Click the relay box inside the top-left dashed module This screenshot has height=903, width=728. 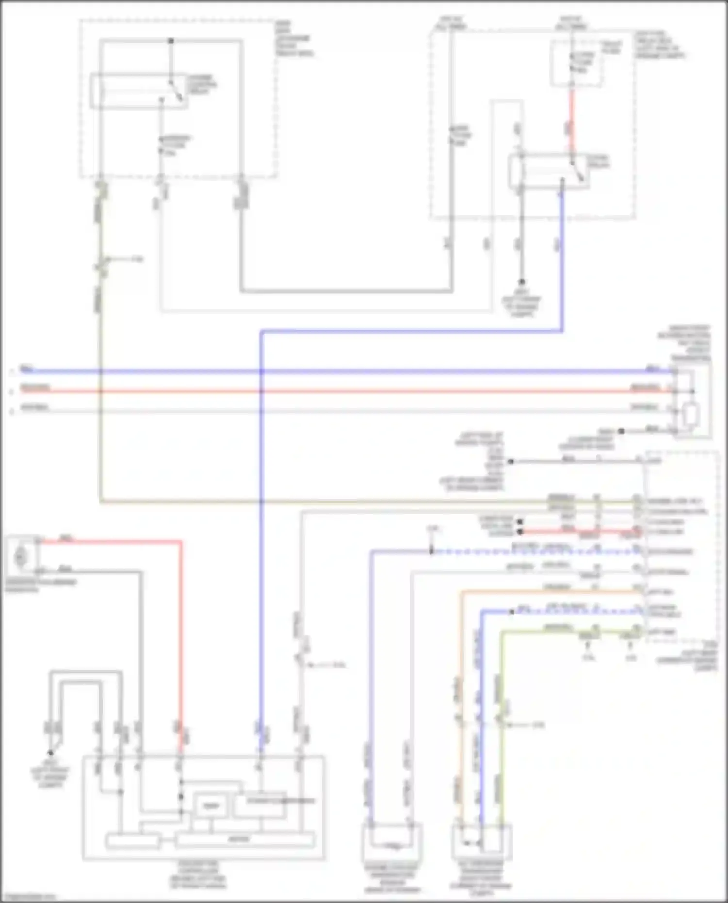click(x=138, y=91)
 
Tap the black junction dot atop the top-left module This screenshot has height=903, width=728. click(x=171, y=41)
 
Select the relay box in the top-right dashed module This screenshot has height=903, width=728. click(x=548, y=171)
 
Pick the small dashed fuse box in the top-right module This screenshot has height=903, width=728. click(x=576, y=63)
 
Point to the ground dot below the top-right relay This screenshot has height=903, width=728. click(x=522, y=282)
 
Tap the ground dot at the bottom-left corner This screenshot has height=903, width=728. click(x=50, y=753)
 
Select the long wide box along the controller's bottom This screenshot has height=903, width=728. click(x=245, y=839)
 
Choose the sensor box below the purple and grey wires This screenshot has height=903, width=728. click(x=392, y=843)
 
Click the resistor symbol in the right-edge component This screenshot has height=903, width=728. click(x=690, y=414)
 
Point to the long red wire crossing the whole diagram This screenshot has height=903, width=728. click(x=340, y=391)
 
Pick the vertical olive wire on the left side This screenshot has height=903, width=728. click(x=100, y=388)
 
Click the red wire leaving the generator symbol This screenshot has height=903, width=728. click(x=112, y=541)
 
